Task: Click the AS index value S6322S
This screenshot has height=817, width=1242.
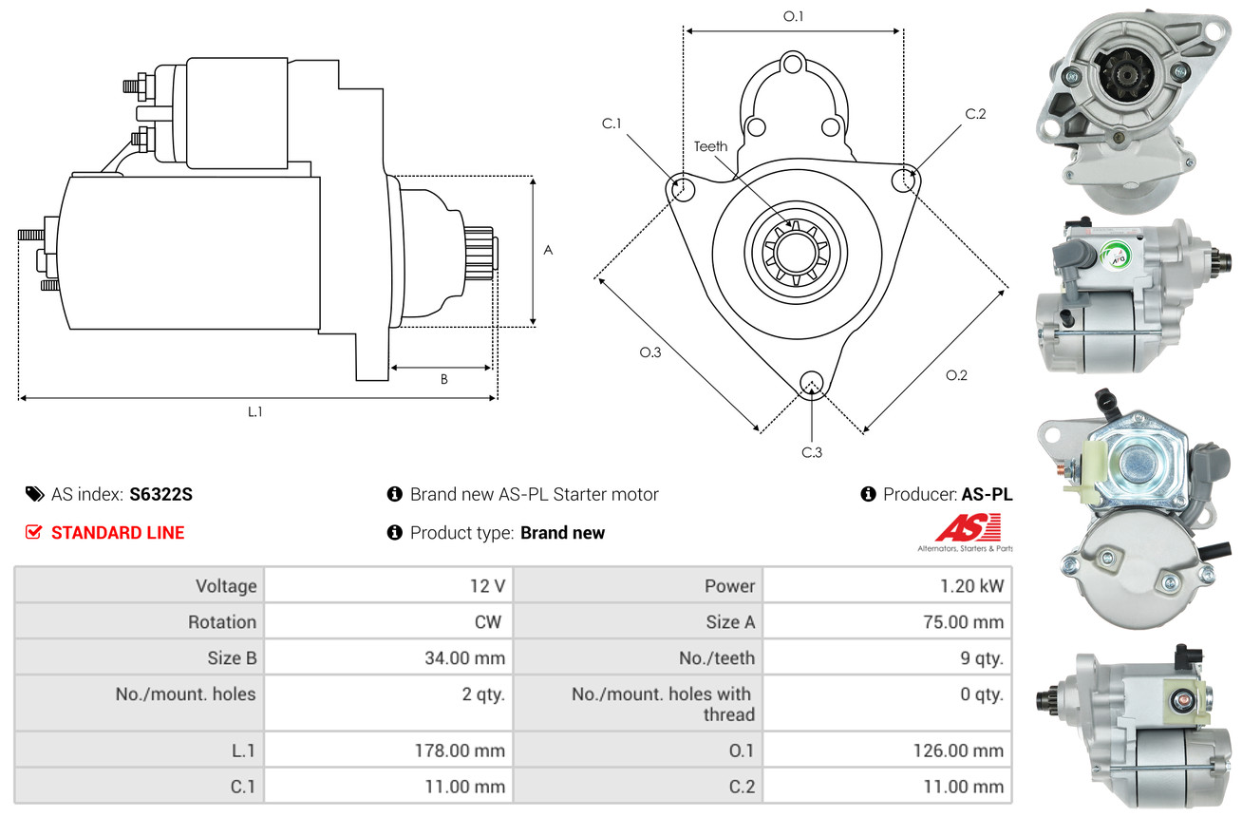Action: (x=160, y=494)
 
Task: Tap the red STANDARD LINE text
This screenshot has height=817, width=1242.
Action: (x=118, y=532)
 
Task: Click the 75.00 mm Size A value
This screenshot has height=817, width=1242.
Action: (x=963, y=621)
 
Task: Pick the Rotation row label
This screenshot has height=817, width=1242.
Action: (x=222, y=621)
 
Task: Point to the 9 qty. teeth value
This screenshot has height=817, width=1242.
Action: (x=982, y=657)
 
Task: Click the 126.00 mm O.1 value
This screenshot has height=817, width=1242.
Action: (x=958, y=750)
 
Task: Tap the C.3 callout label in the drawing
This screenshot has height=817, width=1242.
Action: (x=812, y=452)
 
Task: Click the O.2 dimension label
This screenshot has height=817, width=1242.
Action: (x=956, y=375)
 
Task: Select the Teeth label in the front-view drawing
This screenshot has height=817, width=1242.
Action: (x=710, y=146)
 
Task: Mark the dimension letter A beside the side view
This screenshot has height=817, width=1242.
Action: (x=548, y=250)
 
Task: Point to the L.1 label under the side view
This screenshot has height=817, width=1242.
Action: (x=255, y=411)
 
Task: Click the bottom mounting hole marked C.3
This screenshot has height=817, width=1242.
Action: (x=811, y=383)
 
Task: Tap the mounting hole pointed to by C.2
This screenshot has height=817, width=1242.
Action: (x=903, y=180)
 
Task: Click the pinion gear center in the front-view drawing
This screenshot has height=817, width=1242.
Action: (x=796, y=252)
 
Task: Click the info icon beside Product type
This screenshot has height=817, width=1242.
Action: (x=394, y=532)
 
